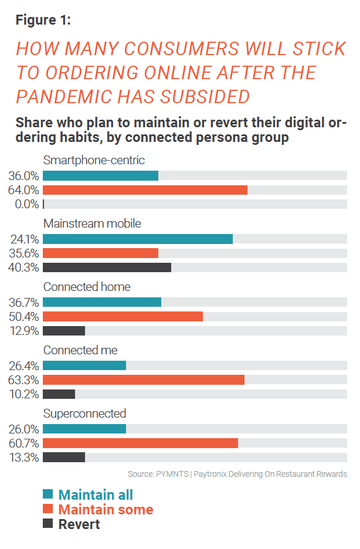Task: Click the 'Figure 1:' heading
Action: coord(43,20)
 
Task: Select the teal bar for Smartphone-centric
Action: coord(100,175)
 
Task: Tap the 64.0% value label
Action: coord(23,190)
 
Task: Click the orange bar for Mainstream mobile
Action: coord(100,253)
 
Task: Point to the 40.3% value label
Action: coord(23,267)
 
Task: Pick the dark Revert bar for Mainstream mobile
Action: coord(107,267)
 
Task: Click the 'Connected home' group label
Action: coord(87,287)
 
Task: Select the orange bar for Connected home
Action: coord(123,316)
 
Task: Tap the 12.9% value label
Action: coord(23,331)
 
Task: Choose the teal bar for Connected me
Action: coord(84,365)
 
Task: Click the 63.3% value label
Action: coord(23,379)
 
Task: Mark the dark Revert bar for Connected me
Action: coord(59,394)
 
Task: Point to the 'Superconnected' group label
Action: coord(84,414)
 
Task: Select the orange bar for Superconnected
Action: coord(140,443)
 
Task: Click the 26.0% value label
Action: coord(23,429)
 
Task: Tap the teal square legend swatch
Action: coord(48,494)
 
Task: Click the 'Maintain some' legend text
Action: coord(106,509)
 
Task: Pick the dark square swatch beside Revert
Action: coord(48,524)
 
